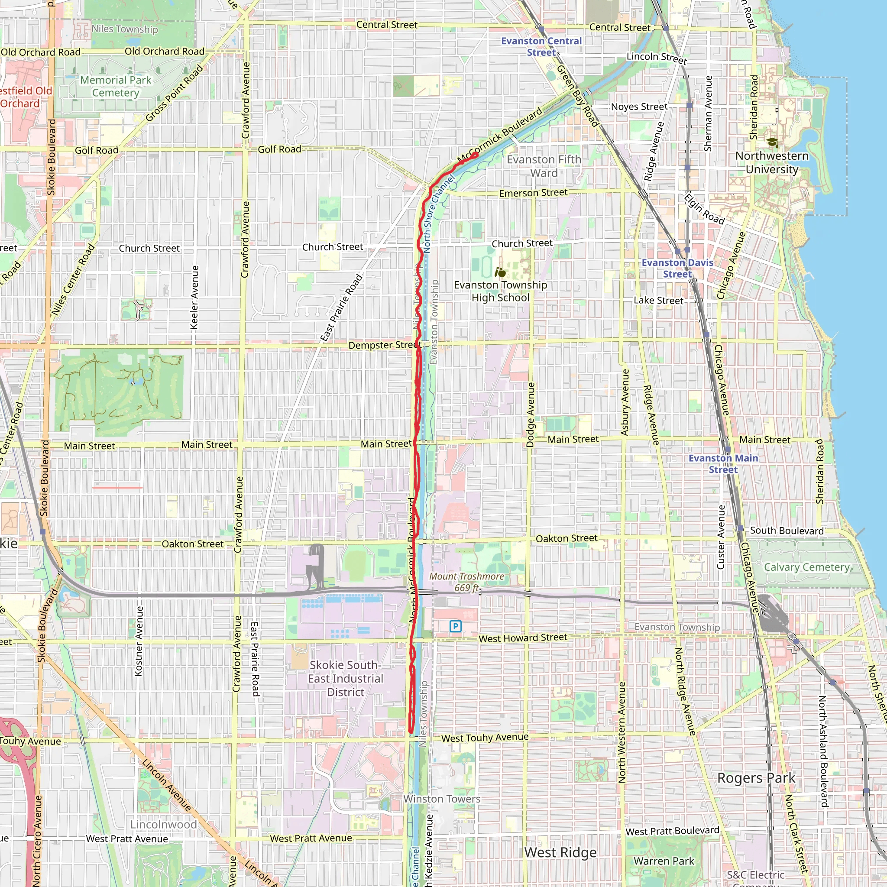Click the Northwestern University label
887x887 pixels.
772,162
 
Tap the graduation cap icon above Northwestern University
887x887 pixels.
772,142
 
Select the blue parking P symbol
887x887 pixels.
455,626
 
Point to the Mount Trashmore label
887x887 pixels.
466,582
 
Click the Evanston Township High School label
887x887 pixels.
500,291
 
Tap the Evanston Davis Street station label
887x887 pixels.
677,268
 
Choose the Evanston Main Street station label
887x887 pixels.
723,464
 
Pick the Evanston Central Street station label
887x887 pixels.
541,46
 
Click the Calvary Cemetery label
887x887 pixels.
806,567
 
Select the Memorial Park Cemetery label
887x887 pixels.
116,86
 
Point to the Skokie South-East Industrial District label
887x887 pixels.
345,679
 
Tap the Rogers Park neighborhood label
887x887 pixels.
756,778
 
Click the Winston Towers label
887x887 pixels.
442,799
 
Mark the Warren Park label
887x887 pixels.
664,861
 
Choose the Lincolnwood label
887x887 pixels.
163,824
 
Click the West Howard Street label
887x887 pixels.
523,638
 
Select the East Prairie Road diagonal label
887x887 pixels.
341,308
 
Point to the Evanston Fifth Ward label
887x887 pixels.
544,166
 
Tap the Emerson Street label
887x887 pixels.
533,193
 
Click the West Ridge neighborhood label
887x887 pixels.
560,852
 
